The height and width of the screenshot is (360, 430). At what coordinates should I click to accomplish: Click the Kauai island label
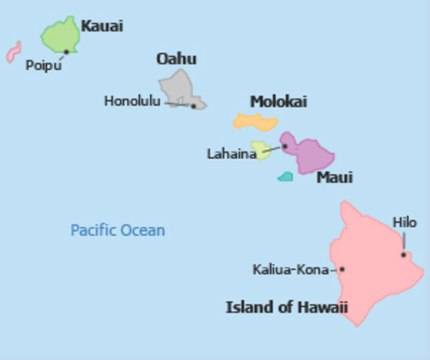(x=101, y=26)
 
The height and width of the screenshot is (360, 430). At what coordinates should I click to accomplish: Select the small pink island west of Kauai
(x=13, y=52)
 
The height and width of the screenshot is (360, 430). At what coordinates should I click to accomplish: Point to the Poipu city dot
(x=66, y=52)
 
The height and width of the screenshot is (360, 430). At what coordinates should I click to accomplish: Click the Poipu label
(x=43, y=65)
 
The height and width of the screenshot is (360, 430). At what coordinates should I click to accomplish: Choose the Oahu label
(x=176, y=58)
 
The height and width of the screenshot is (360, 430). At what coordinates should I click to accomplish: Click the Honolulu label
(x=132, y=101)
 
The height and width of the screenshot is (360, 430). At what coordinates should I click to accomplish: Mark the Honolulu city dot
(x=193, y=106)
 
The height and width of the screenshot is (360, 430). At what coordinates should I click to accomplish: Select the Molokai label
(x=278, y=102)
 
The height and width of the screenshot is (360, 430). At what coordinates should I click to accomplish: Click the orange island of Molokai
(x=256, y=120)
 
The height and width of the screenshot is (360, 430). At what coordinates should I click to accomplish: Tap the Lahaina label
(x=231, y=154)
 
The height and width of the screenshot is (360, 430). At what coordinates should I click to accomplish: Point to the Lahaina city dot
(x=284, y=146)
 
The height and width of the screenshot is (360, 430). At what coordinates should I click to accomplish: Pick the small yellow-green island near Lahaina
(x=260, y=151)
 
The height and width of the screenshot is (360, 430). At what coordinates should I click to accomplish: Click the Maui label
(x=334, y=178)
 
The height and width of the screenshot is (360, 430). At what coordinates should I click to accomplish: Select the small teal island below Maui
(x=285, y=177)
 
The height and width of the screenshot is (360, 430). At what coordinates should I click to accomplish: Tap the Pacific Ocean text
(x=118, y=229)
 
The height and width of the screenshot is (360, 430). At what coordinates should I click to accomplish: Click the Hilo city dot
(x=403, y=254)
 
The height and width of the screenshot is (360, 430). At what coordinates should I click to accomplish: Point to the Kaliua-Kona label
(x=290, y=269)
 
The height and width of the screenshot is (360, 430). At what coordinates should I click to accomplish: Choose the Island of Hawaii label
(x=287, y=307)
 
